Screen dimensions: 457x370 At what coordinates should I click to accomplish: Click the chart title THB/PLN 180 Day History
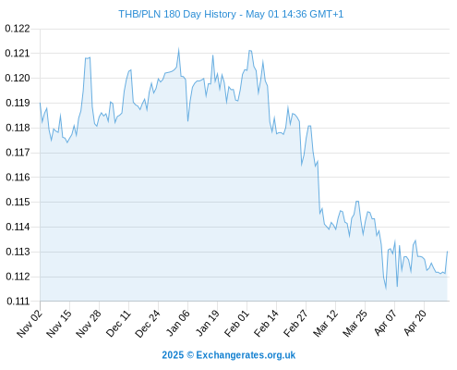[177, 14]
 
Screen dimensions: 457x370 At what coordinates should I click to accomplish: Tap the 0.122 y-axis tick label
[18, 29]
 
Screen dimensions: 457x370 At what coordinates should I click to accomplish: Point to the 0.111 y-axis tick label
[18, 302]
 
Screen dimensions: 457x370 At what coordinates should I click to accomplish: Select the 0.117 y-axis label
[18, 153]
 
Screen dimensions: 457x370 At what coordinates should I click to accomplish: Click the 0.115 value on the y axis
[18, 203]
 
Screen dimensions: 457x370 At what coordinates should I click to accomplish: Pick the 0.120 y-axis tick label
[18, 78]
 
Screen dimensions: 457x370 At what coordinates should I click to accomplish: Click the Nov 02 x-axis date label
[29, 323]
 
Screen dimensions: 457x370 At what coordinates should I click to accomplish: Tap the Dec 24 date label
[148, 323]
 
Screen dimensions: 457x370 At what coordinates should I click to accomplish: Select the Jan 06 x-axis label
[177, 323]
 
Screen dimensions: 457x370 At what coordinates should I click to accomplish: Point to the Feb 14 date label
[266, 323]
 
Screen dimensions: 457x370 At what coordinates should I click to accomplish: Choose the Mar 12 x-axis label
[325, 323]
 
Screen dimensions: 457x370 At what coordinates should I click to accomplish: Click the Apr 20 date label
[415, 323]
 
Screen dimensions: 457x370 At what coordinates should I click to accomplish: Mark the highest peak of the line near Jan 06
[179, 49]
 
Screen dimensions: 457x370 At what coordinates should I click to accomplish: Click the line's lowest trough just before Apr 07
[386, 289]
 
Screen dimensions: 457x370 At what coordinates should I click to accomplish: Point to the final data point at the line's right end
[447, 252]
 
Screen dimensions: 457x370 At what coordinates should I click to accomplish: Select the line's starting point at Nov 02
[40, 103]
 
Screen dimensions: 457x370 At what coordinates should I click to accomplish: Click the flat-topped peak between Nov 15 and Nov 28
[88, 57]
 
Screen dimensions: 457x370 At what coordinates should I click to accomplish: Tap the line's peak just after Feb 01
[250, 51]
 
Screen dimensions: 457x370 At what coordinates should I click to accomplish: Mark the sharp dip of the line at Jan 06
[187, 121]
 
